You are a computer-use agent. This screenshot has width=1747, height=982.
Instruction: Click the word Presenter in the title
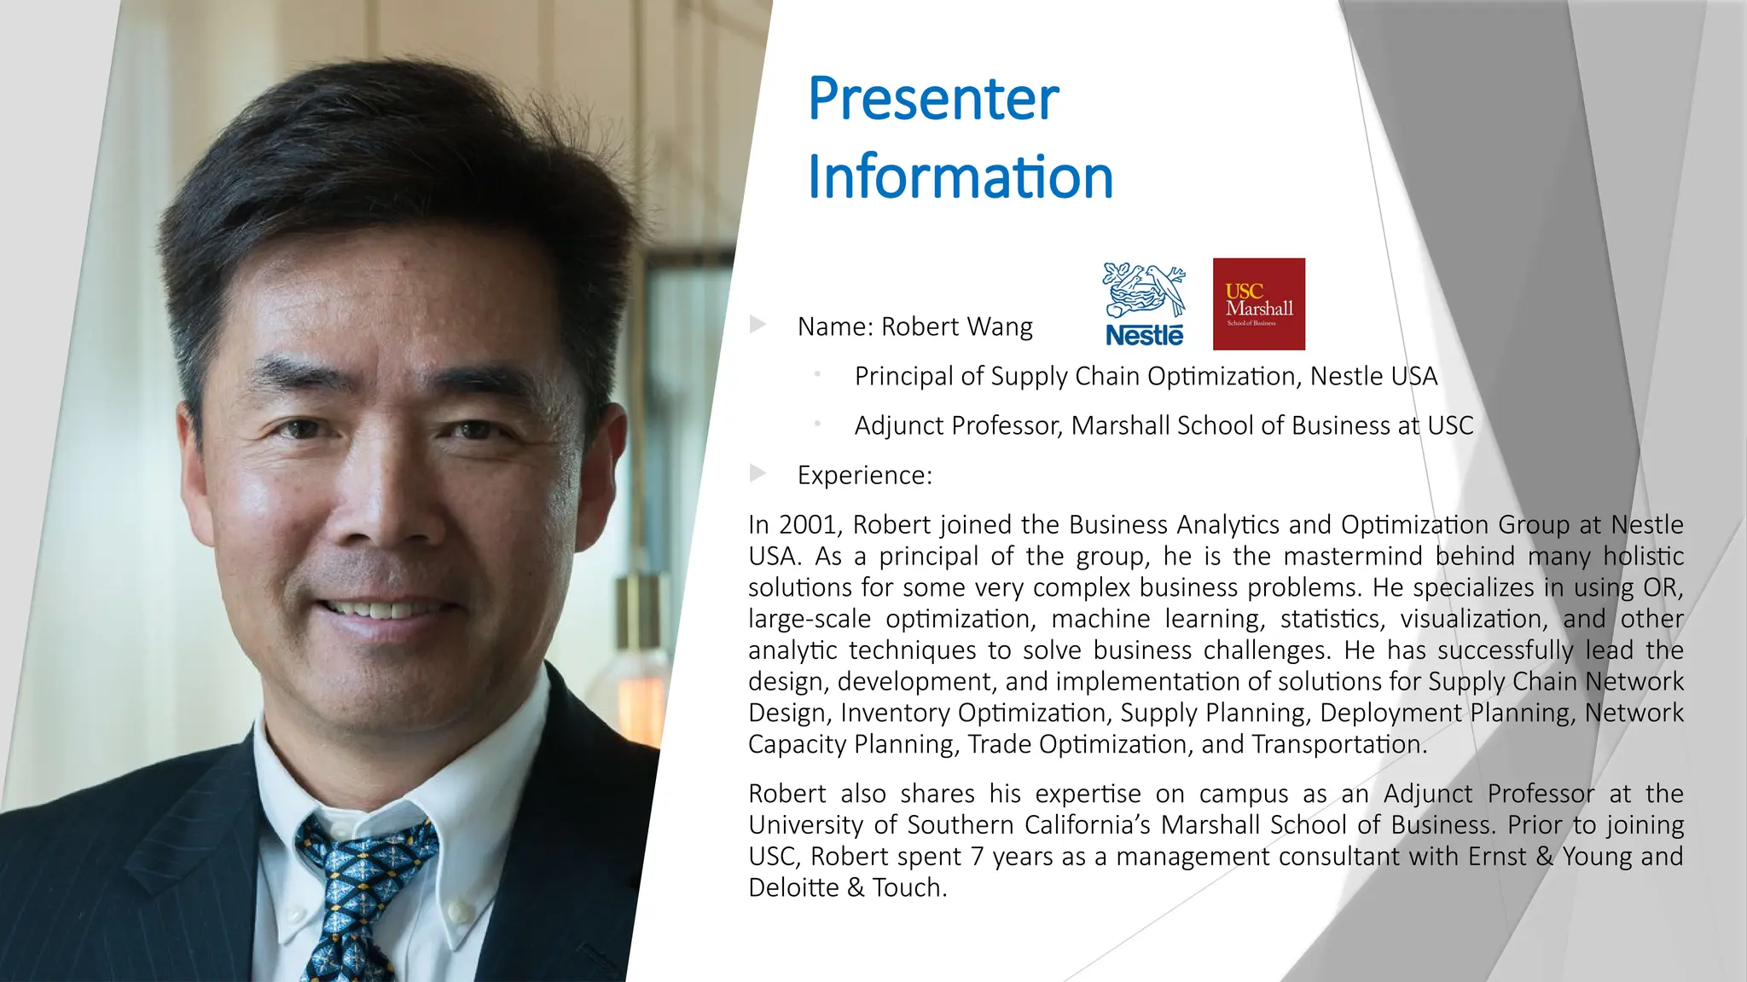click(x=933, y=99)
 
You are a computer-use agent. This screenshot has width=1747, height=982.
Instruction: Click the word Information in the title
click(x=961, y=177)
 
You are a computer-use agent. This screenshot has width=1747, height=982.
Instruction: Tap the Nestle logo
click(x=1145, y=304)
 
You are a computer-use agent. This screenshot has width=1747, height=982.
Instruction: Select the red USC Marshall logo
click(x=1259, y=304)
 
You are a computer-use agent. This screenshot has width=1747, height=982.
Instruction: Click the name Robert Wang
click(x=956, y=326)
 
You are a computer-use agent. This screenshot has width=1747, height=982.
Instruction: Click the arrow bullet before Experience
click(x=757, y=473)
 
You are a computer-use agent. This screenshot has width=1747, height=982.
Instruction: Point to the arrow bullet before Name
click(x=757, y=325)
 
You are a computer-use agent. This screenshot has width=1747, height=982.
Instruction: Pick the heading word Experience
click(x=863, y=476)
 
